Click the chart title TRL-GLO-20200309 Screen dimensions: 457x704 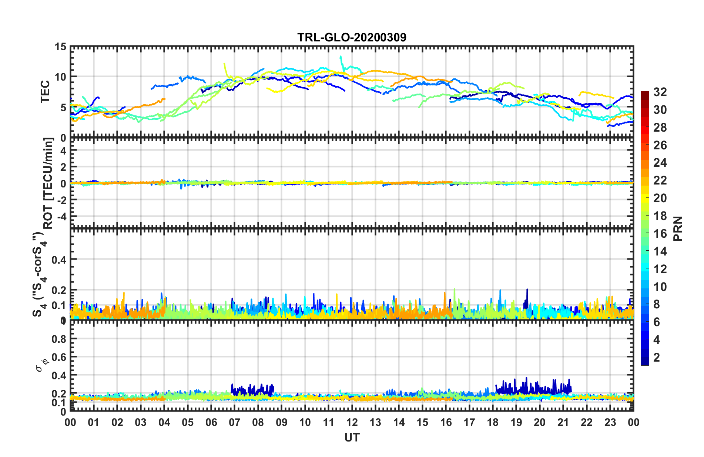(x=352, y=37)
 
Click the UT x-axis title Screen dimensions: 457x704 (x=352, y=437)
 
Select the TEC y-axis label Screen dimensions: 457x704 (x=45, y=92)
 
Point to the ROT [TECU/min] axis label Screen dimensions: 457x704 (x=48, y=183)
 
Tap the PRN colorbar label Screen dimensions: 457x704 (x=678, y=228)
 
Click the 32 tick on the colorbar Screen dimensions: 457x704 (x=660, y=92)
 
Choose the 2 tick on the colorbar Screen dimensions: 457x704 (x=657, y=357)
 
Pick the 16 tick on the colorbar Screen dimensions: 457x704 (x=660, y=234)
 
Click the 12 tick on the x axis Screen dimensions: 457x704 (x=352, y=422)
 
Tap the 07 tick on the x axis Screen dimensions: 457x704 (x=234, y=422)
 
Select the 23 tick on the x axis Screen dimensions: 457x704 (x=610, y=422)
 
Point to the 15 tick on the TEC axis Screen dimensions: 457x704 (x=60, y=47)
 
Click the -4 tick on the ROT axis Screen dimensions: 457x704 (x=61, y=216)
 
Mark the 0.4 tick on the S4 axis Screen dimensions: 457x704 (x=59, y=260)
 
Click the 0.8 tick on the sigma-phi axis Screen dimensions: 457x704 (x=59, y=339)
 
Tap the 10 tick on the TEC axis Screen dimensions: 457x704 (x=60, y=77)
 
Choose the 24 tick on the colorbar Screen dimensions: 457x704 (x=660, y=163)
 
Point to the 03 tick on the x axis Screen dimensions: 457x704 (x=141, y=422)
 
